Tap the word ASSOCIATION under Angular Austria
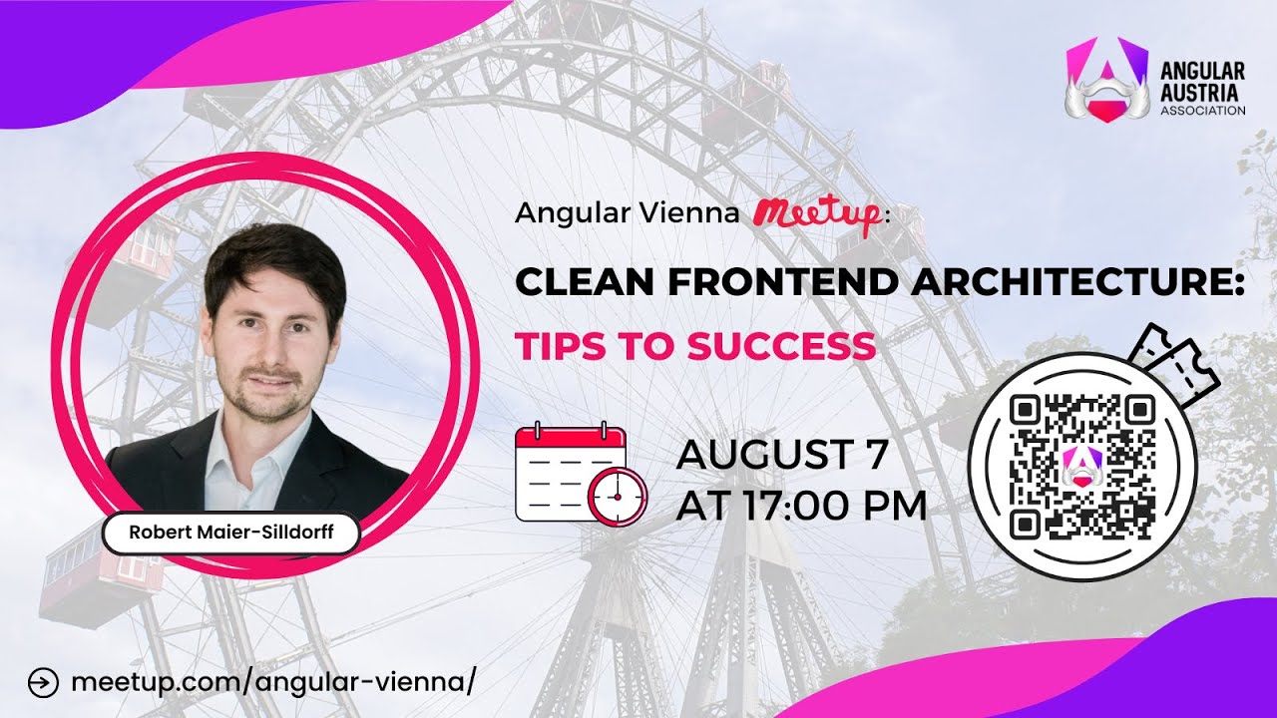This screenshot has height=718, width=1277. [1202, 111]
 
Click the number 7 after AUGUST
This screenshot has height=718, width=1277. [873, 456]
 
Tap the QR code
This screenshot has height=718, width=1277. [1081, 466]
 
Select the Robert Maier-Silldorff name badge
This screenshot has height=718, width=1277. [230, 533]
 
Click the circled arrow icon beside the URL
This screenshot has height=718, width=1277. [43, 683]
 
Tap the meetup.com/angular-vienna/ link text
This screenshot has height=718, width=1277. [269, 683]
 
